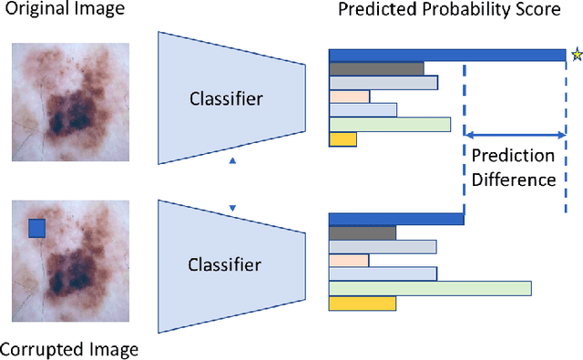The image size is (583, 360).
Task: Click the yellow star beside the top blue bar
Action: tap(576, 55)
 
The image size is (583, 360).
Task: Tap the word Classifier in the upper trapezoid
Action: tap(224, 98)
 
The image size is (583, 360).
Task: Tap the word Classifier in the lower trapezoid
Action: tap(224, 265)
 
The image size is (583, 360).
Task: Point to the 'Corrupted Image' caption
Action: tap(69, 349)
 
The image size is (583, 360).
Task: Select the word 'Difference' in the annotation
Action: tap(513, 180)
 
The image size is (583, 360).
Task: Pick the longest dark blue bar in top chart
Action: tap(446, 55)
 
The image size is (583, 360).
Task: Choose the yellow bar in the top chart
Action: tap(343, 139)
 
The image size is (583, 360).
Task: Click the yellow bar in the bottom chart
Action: tap(362, 303)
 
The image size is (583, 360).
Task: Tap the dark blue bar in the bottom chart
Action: tap(396, 219)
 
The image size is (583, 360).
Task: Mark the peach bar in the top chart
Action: tap(349, 97)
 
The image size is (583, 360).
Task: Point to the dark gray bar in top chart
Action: tap(376, 68)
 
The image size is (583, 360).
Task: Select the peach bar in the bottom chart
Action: tap(349, 261)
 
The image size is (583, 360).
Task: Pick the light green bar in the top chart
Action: tap(390, 125)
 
